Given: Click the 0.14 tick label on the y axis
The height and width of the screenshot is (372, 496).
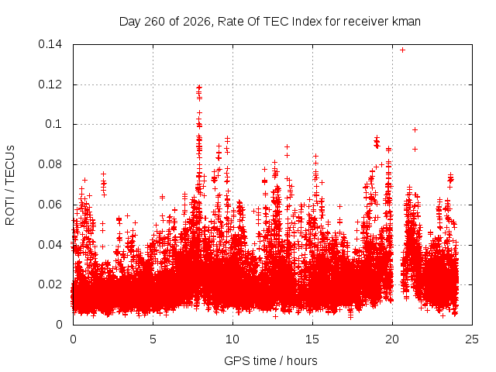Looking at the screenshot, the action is point(50,44).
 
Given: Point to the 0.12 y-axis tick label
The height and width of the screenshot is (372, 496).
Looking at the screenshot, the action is point(50,84).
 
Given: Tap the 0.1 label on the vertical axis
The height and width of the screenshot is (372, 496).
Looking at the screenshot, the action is point(53,124).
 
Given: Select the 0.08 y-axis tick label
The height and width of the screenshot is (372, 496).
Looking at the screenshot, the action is point(50,164).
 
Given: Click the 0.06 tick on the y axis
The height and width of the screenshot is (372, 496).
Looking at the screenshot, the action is point(50,205).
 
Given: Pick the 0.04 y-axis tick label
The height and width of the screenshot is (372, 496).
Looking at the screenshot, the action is point(50,245).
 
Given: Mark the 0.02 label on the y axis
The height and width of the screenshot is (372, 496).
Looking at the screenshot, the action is point(50,284).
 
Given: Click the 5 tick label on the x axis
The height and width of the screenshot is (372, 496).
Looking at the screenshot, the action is point(153,339).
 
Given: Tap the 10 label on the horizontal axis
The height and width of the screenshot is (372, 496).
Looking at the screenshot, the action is point(232,339).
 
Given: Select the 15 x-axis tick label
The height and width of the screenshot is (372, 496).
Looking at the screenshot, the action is point(312,339).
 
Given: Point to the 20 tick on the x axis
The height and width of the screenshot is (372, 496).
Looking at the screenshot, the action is point(392,339).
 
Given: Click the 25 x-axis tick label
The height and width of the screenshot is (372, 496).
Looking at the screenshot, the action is point(472,339).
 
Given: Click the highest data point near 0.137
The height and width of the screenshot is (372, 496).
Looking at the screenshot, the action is point(402,50).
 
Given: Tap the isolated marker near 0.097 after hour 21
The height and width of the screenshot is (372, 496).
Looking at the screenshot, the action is point(415,129).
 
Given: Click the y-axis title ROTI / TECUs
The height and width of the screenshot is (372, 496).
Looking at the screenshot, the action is point(10,185).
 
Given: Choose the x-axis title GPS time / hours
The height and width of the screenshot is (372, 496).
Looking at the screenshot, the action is point(270,360).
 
